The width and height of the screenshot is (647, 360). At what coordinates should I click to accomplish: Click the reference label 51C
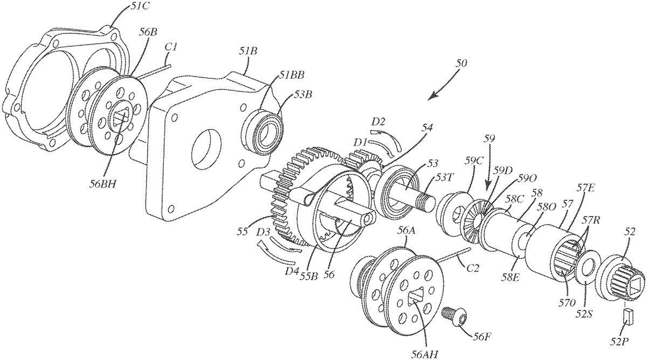click(x=139, y=6)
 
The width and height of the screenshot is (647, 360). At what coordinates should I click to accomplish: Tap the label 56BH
click(x=102, y=184)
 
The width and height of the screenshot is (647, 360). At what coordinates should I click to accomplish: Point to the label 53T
click(x=444, y=179)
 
